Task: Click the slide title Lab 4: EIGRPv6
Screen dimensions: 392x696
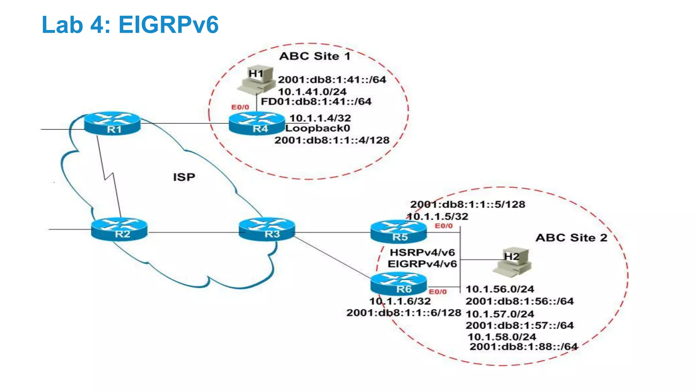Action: [130, 25]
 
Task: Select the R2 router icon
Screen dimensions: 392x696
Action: [119, 229]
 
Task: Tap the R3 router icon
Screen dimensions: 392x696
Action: [267, 229]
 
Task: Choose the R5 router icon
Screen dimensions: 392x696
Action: [398, 232]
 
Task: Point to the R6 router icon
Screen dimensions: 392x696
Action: [398, 284]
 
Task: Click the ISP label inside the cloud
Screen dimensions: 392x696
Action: [184, 177]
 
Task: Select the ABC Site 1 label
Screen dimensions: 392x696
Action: [315, 56]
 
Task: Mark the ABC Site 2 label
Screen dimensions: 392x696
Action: [571, 238]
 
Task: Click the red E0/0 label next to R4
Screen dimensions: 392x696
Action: [240, 107]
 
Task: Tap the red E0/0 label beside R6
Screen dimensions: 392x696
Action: [438, 292]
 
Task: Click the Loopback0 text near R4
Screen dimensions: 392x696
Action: [318, 128]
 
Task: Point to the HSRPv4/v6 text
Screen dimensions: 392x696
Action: [422, 252]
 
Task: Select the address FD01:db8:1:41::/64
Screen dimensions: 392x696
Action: [316, 101]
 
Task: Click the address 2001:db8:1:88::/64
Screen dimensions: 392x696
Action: [523, 347]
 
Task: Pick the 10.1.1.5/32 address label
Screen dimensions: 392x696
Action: [438, 216]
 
